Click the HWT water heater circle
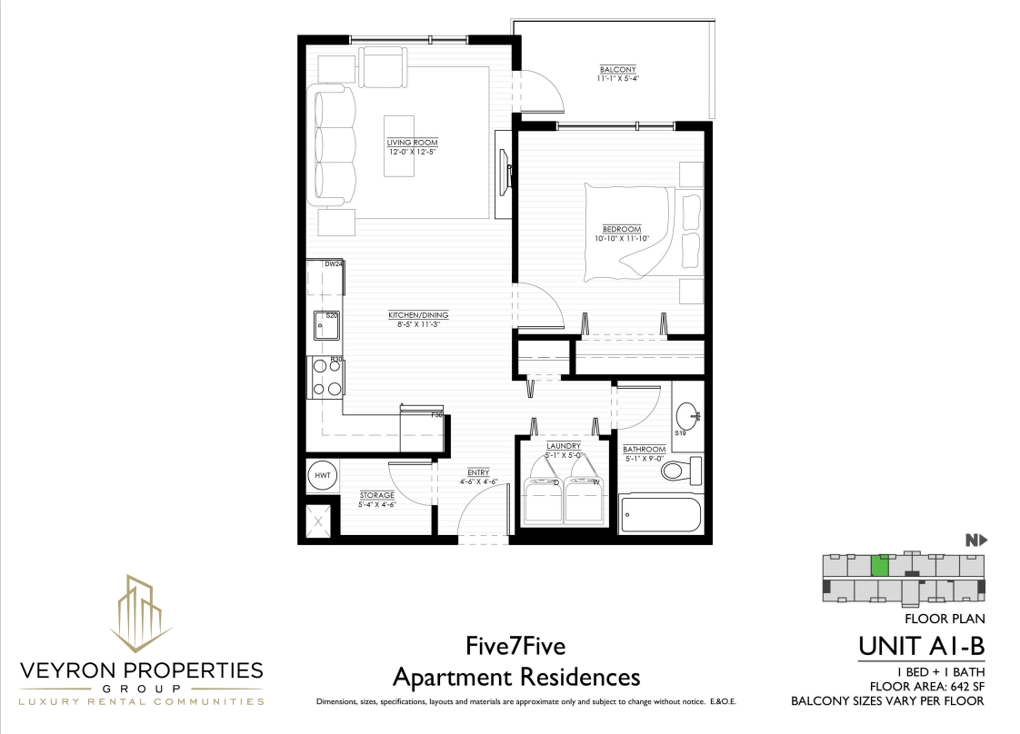point(323,475)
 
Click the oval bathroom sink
point(687,415)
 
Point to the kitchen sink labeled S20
point(326,325)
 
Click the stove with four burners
point(326,378)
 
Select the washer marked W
point(585,500)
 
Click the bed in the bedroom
point(644,233)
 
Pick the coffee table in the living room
point(399,145)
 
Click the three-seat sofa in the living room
point(335,145)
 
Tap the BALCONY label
point(618,70)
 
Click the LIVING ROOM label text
point(413,143)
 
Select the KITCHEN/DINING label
point(418,315)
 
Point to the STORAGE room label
point(377,495)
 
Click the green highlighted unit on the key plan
point(880,566)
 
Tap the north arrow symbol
point(976,541)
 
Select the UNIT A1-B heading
point(921,647)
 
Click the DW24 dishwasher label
point(334,264)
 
